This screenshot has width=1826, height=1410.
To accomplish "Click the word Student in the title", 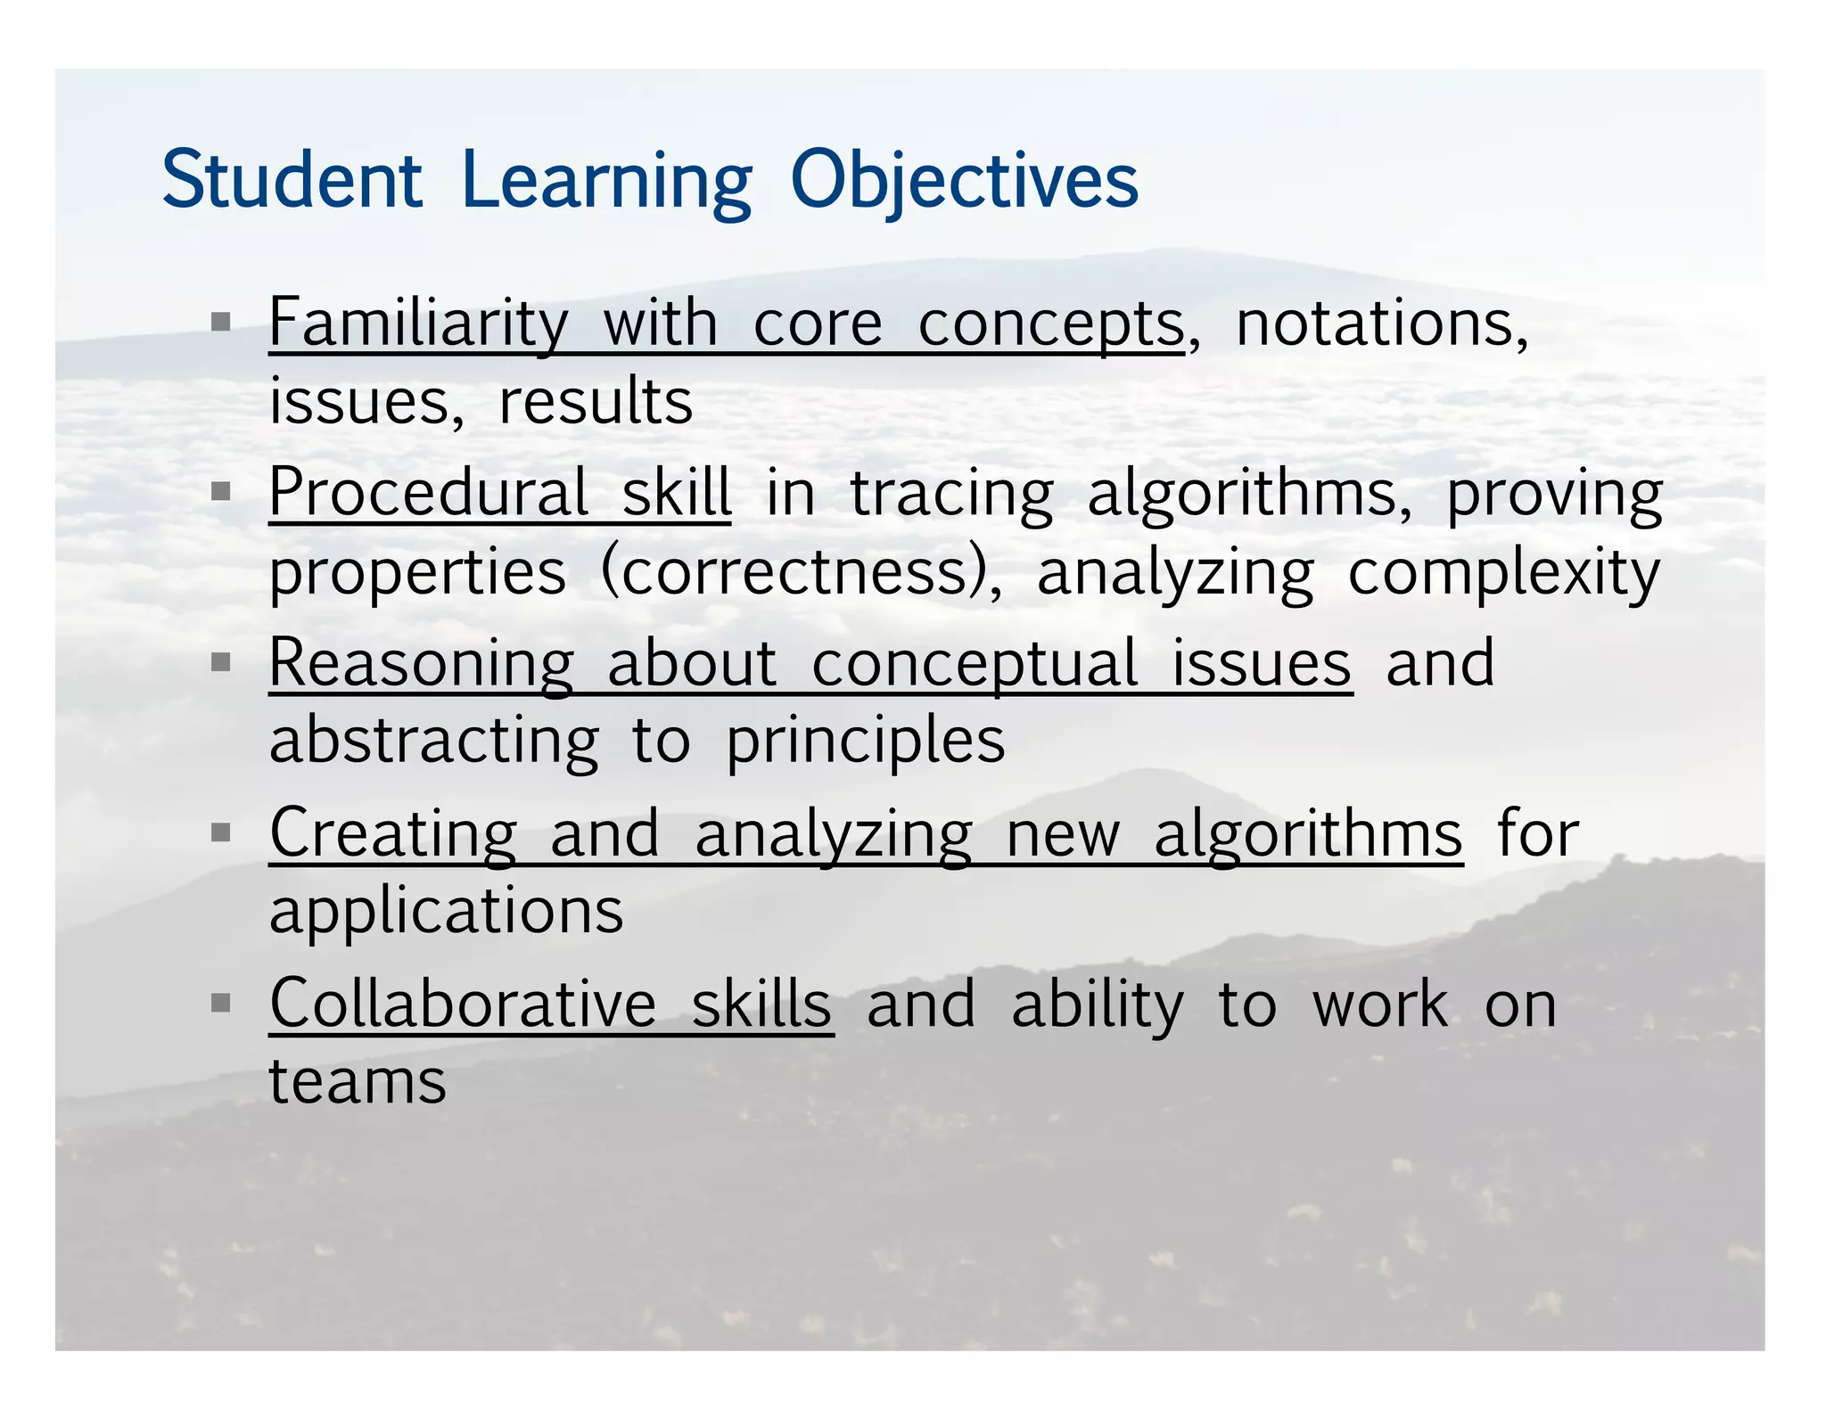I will click(x=292, y=180).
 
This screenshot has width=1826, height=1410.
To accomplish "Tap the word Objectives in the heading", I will click(x=964, y=180).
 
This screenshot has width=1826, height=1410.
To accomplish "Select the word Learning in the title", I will click(x=606, y=180).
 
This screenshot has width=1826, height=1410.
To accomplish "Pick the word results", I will click(x=596, y=402).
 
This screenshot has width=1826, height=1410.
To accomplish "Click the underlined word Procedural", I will click(x=428, y=492).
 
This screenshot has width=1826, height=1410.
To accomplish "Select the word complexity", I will click(x=1504, y=571).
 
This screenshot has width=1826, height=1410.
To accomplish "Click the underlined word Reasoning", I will click(x=422, y=663).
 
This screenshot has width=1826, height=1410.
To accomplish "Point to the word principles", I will click(x=865, y=742).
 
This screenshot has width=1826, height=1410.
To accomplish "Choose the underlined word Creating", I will click(x=392, y=833).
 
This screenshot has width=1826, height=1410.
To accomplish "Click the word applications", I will click(x=446, y=911).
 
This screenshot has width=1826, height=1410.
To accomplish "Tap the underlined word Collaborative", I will click(x=463, y=1004).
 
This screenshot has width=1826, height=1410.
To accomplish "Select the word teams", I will click(x=358, y=1082).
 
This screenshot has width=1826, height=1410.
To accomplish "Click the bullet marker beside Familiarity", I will click(x=220, y=322).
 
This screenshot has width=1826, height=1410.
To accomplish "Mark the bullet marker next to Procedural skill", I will click(x=220, y=491).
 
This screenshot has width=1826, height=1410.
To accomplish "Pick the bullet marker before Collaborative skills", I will click(x=220, y=1004).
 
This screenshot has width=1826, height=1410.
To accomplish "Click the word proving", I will click(x=1554, y=492).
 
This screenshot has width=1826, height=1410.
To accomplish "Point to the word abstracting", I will click(x=434, y=742).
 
